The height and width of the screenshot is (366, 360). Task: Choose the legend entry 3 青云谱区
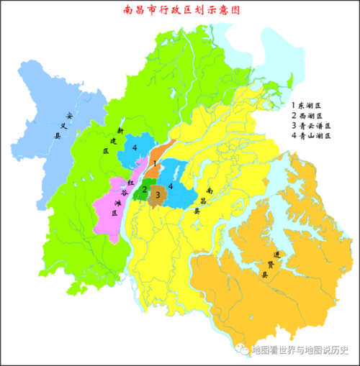[312, 125]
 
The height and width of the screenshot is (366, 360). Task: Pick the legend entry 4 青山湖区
[312, 135]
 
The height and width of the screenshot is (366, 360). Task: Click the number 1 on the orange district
[156, 164]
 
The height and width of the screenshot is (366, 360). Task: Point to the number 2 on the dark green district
[145, 190]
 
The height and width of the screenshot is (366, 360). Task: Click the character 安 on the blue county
[69, 114]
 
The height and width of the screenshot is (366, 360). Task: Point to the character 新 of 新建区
[121, 130]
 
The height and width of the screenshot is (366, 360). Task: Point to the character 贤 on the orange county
[270, 265]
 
